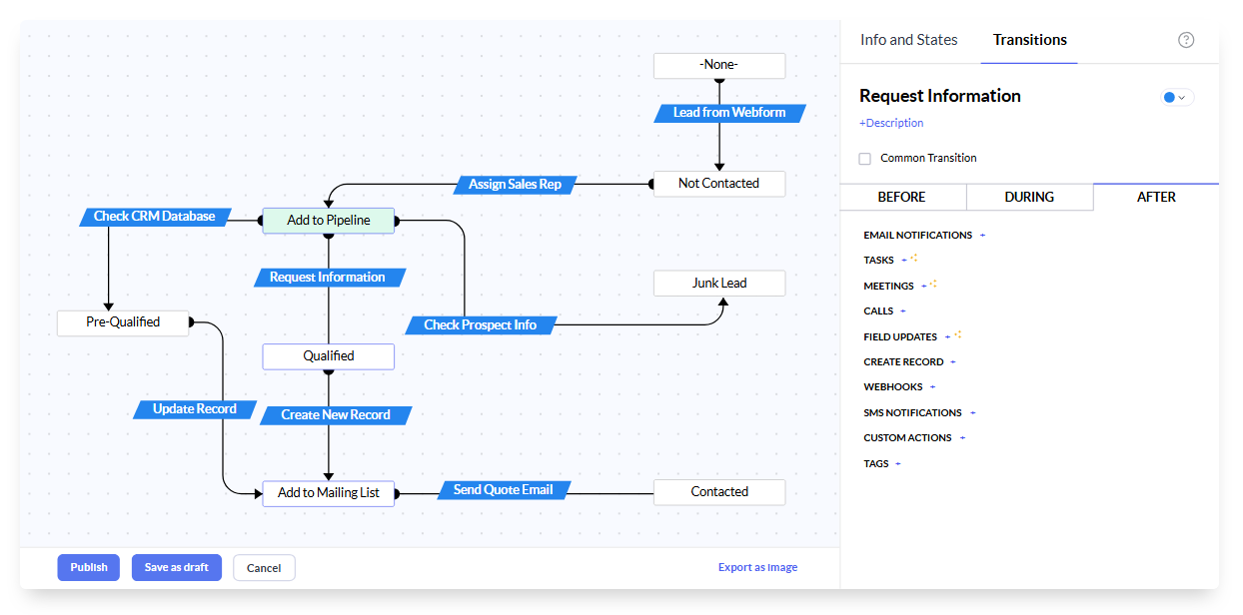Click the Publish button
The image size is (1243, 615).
[88, 567]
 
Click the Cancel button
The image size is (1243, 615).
[264, 568]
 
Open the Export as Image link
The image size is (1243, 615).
[757, 567]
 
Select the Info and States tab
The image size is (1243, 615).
[909, 40]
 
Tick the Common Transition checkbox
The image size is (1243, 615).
[865, 159]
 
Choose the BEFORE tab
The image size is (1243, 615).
[901, 197]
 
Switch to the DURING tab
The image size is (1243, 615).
[1029, 197]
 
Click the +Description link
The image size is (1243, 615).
[891, 123]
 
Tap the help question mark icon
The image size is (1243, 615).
[1186, 40]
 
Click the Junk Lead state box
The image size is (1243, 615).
[719, 283]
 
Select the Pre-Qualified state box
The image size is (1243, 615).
[123, 322]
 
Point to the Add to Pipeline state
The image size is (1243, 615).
[329, 221]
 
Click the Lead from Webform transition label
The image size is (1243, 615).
[729, 113]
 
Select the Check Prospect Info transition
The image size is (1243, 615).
[481, 324]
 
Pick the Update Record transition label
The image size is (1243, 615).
[195, 409]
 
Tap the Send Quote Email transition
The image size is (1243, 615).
[504, 490]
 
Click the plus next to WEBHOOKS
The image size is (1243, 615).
[933, 387]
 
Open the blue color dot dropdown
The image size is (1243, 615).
[1175, 98]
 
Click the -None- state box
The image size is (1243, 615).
[719, 66]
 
